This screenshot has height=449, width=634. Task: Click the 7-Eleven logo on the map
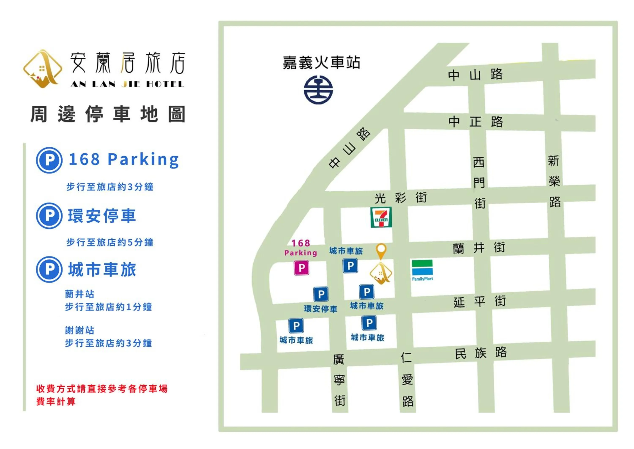tap(381, 218)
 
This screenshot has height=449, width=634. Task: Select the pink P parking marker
tap(301, 268)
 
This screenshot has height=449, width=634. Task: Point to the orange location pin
tap(381, 251)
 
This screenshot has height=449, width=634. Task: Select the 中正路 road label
tap(475, 122)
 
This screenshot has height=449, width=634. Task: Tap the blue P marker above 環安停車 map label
tap(321, 294)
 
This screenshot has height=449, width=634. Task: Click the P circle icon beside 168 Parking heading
tap(49, 160)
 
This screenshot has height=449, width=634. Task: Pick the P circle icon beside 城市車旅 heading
tap(49, 269)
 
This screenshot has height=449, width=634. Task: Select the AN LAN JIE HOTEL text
tap(127, 84)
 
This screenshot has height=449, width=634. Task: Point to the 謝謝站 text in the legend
tap(79, 330)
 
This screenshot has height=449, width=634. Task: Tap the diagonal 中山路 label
tap(349, 148)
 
